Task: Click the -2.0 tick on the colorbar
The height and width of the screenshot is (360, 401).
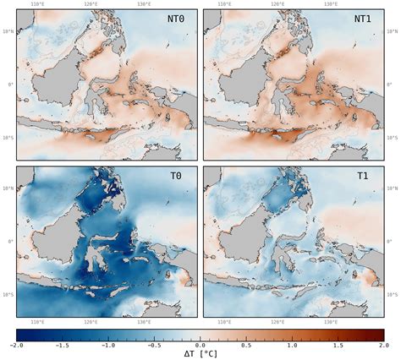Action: tap(17, 345)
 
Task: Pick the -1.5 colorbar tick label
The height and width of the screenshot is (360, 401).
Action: tap(63, 345)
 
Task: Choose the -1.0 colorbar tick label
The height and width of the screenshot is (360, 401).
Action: tap(108, 345)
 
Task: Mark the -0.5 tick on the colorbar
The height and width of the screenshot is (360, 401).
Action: tap(154, 345)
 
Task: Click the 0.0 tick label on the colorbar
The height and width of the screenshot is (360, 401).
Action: tap(200, 345)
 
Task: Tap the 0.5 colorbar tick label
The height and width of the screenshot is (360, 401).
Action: tap(246, 345)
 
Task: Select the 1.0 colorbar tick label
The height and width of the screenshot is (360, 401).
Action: tap(292, 345)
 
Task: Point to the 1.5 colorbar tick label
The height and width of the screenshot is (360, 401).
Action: tap(338, 345)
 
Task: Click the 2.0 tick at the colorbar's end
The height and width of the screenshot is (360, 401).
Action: tap(383, 345)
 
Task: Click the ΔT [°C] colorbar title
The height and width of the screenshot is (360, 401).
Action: tap(200, 355)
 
